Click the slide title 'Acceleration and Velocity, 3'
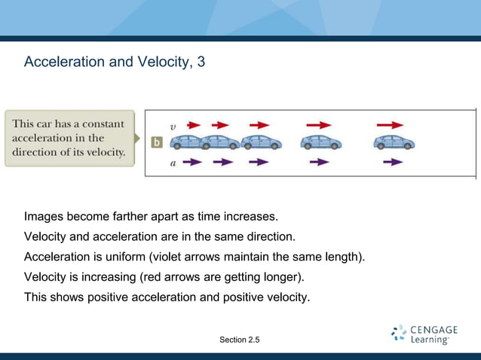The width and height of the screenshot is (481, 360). (x=114, y=61)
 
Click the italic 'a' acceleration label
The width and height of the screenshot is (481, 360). (x=173, y=162)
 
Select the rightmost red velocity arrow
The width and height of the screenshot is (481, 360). (x=390, y=125)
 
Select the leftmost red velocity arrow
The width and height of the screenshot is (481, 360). (x=194, y=125)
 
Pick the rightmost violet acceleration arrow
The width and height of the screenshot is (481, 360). (x=392, y=162)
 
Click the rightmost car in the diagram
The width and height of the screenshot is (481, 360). (x=394, y=142)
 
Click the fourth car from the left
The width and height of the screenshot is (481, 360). (x=321, y=142)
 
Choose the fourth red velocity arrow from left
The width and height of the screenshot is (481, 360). (x=318, y=125)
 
